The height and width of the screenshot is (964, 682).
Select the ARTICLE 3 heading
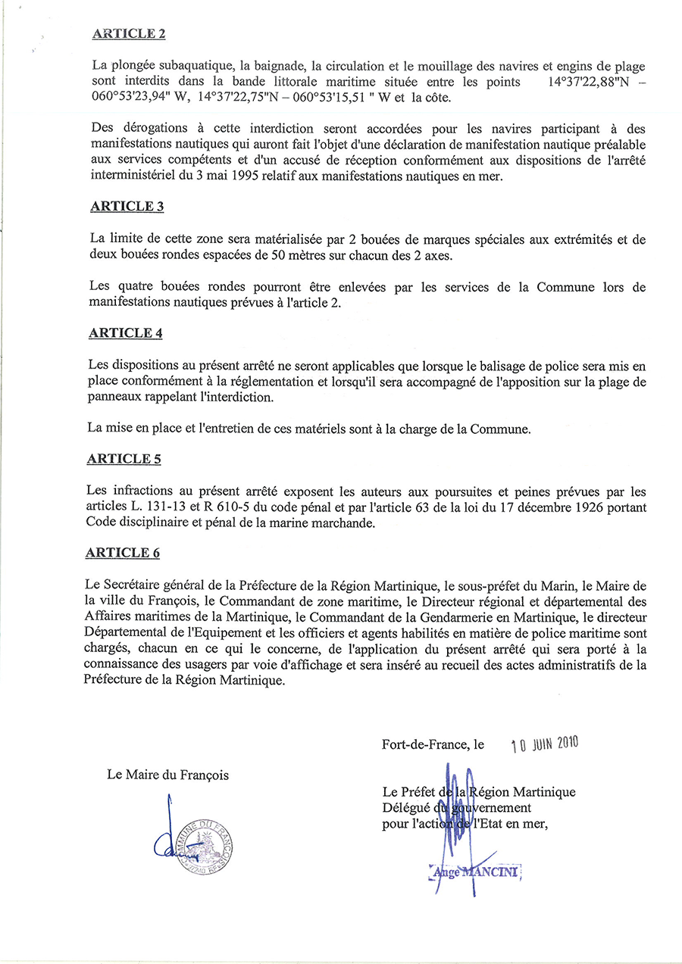pos(127,207)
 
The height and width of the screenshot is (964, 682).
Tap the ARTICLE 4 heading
pos(125,332)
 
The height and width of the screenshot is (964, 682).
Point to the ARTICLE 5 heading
pos(124,459)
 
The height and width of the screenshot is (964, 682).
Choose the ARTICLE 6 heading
pos(123,553)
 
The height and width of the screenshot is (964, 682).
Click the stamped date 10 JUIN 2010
pos(544,744)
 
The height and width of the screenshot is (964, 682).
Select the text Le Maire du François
pos(168,775)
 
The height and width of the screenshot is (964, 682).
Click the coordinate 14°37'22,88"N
pos(588,82)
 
